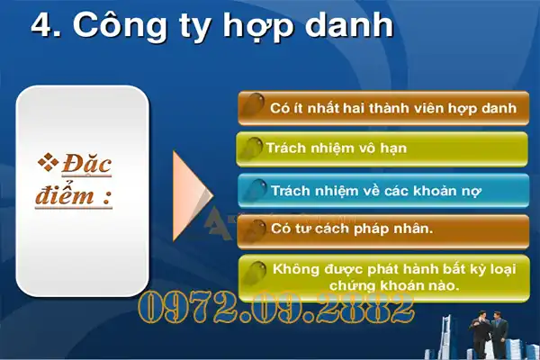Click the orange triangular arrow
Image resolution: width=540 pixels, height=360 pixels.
point(192,190)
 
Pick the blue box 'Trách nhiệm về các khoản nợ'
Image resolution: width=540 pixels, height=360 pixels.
point(382,190)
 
